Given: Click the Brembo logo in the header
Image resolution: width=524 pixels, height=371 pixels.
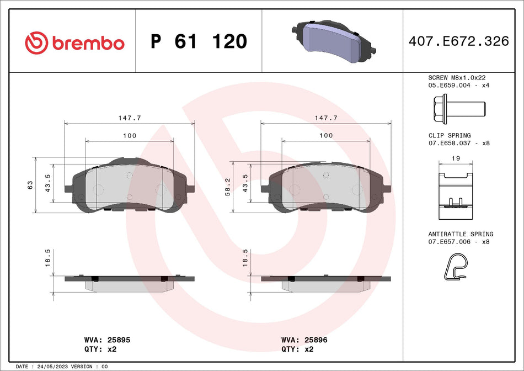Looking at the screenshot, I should [75, 42].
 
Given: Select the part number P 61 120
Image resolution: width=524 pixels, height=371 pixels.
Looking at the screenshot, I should [199, 41].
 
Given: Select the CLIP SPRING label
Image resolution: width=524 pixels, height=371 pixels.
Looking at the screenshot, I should [450, 135].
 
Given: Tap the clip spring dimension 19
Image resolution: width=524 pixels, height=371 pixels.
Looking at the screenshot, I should [455, 158].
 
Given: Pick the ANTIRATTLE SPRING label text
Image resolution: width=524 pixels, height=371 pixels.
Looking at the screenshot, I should [461, 234].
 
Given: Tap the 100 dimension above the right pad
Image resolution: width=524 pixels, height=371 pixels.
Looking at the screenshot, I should [326, 135].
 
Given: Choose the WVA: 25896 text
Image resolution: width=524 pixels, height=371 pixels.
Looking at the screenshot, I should [304, 340].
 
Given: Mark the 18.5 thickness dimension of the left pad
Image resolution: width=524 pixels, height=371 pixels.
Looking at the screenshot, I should [48, 257].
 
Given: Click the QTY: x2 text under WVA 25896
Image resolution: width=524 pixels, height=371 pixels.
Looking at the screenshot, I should [298, 349].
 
